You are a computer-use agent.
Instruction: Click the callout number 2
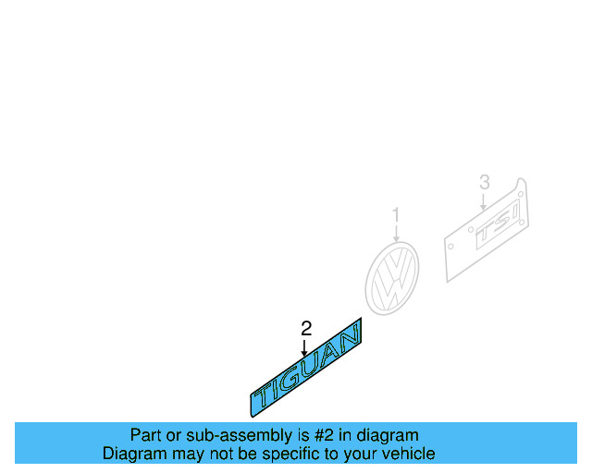(306, 328)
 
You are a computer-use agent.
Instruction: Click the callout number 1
(396, 215)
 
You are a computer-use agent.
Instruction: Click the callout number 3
(484, 182)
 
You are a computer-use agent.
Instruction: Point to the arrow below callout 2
(304, 347)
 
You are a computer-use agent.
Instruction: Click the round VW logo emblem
(392, 277)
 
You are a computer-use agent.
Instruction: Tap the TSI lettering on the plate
(498, 232)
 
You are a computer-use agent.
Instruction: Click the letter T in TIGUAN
(266, 394)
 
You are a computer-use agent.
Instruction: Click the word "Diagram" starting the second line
(132, 454)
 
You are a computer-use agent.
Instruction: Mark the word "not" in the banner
(212, 454)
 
